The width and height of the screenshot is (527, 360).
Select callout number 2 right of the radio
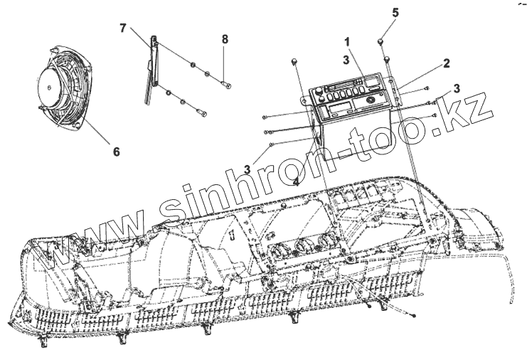(446, 63)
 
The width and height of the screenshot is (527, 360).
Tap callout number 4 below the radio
(295, 181)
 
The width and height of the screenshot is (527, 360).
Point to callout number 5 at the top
(396, 13)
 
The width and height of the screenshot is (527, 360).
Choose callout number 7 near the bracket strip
(123, 28)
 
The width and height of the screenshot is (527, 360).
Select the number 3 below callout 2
(457, 88)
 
